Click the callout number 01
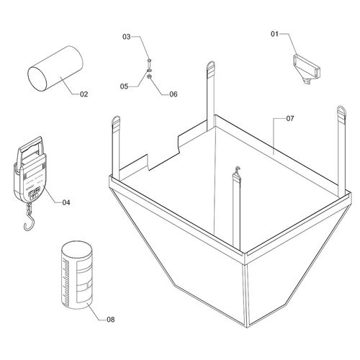pyautogui.click(x=274, y=34)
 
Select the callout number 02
pyautogui.click(x=84, y=94)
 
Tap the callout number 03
pyautogui.click(x=127, y=37)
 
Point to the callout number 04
pyautogui.click(x=66, y=202)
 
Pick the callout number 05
pyautogui.click(x=125, y=86)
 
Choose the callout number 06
pyautogui.click(x=174, y=94)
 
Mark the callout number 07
pyautogui.click(x=290, y=118)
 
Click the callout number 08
pyautogui.click(x=111, y=320)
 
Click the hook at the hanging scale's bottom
pyautogui.click(x=30, y=221)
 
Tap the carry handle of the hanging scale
pyautogui.click(x=30, y=146)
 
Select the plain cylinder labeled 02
pyautogui.click(x=55, y=68)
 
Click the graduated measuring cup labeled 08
pyautogui.click(x=77, y=275)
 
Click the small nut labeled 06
pyautogui.click(x=149, y=76)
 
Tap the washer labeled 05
pyautogui.click(x=149, y=71)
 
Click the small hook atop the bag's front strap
pyautogui.click(x=238, y=170)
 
